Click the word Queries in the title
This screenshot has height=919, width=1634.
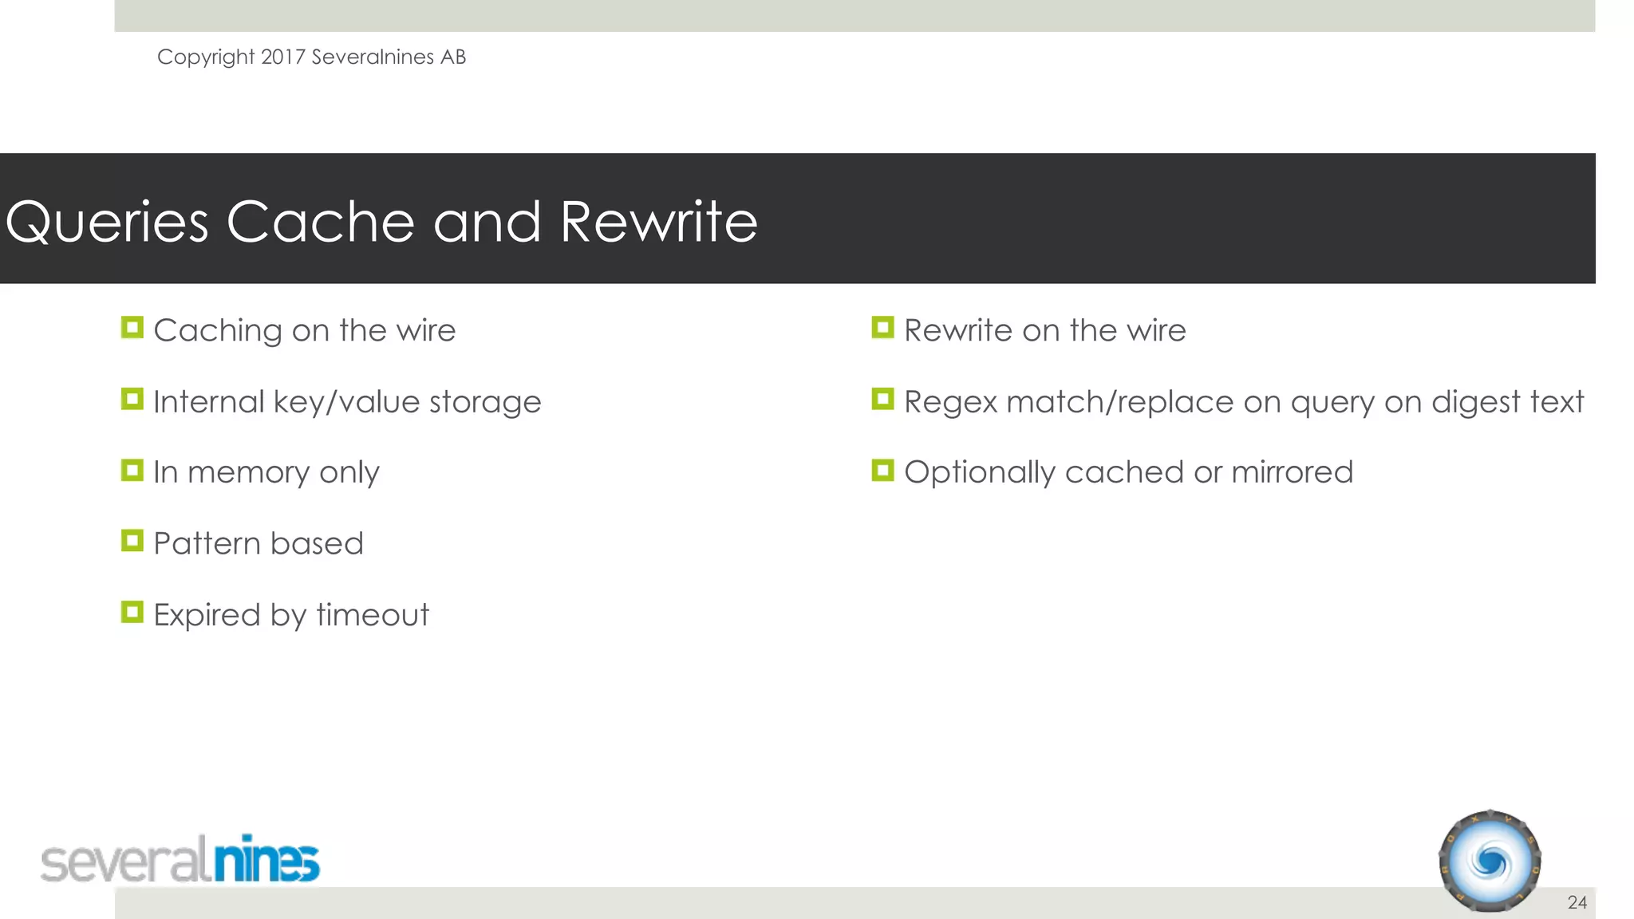(x=107, y=223)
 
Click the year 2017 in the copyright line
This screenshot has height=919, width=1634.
(x=283, y=57)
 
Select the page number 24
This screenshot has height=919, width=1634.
(x=1577, y=902)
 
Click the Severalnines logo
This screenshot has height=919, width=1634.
(x=180, y=860)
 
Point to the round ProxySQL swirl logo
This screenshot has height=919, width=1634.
(x=1490, y=862)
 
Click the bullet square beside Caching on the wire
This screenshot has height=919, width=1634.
(x=132, y=328)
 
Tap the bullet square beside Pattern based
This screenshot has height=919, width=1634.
(x=132, y=541)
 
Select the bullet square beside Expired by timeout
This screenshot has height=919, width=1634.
(x=132, y=612)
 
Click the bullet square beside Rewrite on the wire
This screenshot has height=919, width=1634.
(x=882, y=328)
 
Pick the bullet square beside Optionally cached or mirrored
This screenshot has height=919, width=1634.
(x=882, y=470)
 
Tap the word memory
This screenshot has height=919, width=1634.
(x=248, y=473)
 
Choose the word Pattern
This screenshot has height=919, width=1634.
(x=207, y=544)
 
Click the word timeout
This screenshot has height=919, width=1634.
(x=373, y=615)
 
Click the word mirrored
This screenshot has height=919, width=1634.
(x=1292, y=472)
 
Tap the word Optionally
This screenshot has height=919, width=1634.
(x=979, y=473)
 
